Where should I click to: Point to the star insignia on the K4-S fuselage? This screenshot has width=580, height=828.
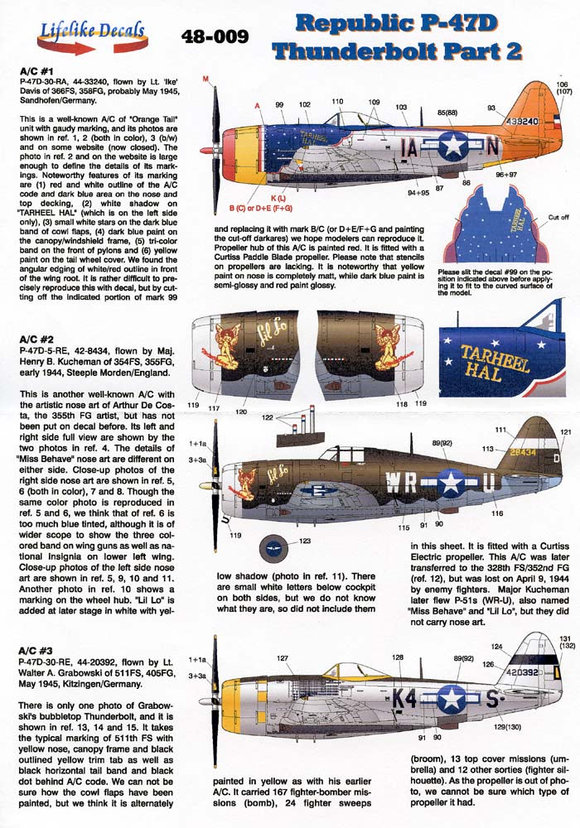(x=452, y=700)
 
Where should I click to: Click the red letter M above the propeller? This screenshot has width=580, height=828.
(x=205, y=79)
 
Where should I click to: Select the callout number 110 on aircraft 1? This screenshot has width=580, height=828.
(x=337, y=101)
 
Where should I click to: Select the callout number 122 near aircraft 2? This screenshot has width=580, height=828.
(x=266, y=418)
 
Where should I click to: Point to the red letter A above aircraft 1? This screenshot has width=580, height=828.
(x=257, y=105)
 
